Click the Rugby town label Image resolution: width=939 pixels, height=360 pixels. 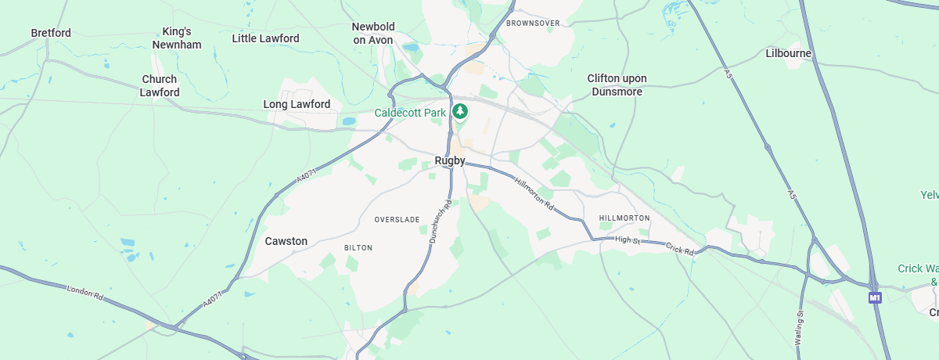tap(450, 161)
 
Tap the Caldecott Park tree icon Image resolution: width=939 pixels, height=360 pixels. tap(461, 112)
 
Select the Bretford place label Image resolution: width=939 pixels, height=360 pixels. tap(51, 33)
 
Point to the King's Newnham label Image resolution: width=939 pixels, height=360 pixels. tap(177, 38)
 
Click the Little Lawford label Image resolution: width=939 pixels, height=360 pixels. tap(266, 38)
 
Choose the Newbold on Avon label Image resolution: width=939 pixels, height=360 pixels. tap(372, 33)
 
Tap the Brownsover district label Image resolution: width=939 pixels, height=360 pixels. tap(533, 23)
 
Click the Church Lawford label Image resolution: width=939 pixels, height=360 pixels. tap(160, 85)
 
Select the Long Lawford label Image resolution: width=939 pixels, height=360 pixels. tap(297, 104)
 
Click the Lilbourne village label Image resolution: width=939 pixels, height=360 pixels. tap(789, 54)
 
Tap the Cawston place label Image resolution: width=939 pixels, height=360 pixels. tap(286, 241)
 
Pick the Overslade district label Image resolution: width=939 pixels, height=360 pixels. tap(397, 219)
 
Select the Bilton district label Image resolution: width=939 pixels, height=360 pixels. tap(358, 248)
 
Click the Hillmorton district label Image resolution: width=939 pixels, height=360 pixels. tap(624, 218)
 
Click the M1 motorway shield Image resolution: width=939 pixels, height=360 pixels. tap(875, 297)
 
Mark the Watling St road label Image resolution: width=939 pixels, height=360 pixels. tap(800, 324)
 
